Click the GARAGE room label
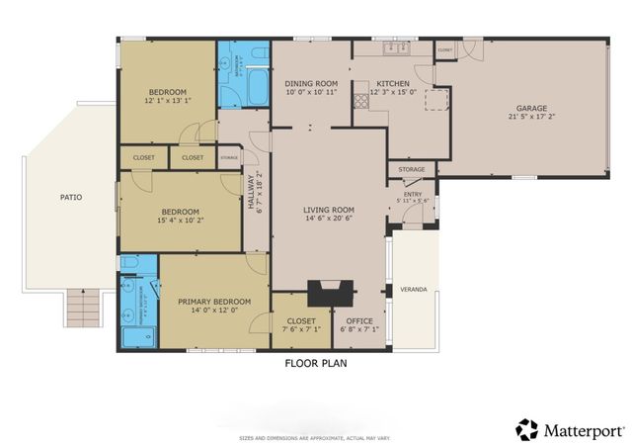[x=530, y=108]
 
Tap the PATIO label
[x=70, y=197]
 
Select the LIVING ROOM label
[x=329, y=210]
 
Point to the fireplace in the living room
[x=329, y=293]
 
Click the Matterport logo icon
[x=527, y=429]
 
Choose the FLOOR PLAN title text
[x=315, y=363]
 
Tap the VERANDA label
[x=413, y=290]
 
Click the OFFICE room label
[x=358, y=320]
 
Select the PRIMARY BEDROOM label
[x=213, y=302]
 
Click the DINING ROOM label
[x=311, y=83]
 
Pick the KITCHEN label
[x=391, y=83]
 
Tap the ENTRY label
[x=412, y=195]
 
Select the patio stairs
[x=83, y=312]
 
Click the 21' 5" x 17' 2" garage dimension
[x=530, y=117]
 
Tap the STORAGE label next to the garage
[x=412, y=170]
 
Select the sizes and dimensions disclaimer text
[x=315, y=437]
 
